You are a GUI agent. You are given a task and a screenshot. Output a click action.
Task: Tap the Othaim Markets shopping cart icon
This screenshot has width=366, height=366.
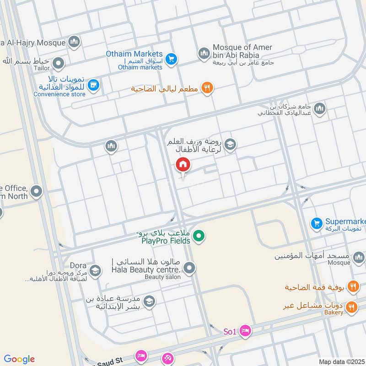[172, 59]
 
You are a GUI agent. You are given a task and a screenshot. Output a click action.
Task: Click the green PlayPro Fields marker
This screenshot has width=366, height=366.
[198, 237]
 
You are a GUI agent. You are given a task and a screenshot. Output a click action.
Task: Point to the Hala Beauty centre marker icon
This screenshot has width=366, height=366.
[189, 269]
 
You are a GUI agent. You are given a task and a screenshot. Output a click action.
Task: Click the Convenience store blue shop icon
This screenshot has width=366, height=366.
[93, 85]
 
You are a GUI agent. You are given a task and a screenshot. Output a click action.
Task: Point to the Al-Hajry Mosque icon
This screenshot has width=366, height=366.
[74, 43]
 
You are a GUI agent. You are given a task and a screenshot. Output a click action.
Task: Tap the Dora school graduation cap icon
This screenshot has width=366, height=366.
[95, 271]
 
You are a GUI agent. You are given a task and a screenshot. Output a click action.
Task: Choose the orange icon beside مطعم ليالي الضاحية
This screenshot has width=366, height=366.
[208, 88]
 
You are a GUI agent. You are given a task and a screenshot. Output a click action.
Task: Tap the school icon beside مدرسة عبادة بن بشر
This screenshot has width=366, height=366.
[149, 301]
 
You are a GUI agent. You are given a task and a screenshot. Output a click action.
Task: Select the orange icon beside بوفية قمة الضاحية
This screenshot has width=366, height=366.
[353, 287]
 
